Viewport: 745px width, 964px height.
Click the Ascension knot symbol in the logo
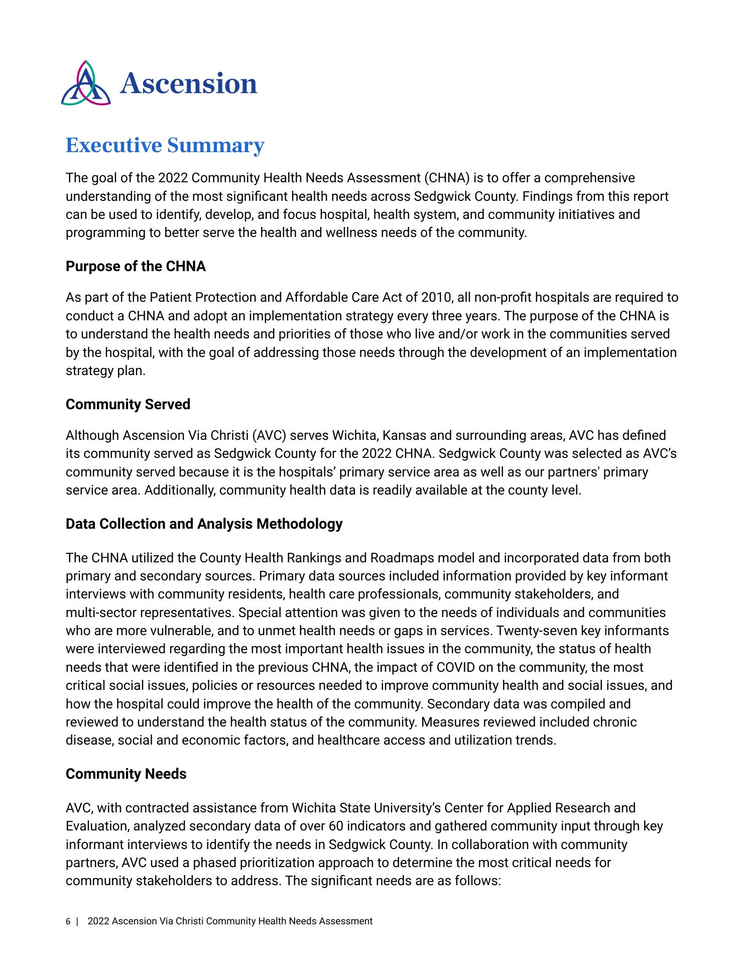[86, 83]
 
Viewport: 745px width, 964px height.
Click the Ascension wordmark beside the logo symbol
[188, 83]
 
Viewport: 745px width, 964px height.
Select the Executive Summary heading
[165, 145]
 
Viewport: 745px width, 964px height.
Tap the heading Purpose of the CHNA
[136, 266]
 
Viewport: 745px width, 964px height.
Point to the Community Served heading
[128, 404]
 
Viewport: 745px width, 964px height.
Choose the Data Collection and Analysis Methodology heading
[204, 524]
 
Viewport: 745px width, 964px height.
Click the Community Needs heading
[126, 774]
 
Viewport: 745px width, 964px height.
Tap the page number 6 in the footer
[68, 921]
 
